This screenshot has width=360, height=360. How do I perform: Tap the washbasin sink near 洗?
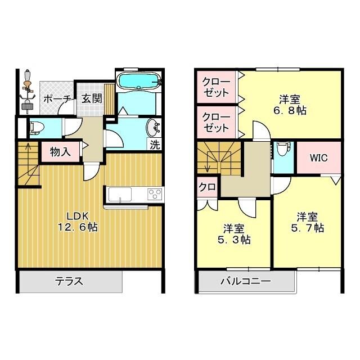(152, 127)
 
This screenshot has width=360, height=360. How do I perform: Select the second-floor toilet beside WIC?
(282, 150)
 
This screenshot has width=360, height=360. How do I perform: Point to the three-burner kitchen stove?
(154, 194)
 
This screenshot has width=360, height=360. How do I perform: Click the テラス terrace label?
(70, 281)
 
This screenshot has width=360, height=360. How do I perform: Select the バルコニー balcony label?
(245, 281)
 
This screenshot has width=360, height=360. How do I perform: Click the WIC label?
(318, 157)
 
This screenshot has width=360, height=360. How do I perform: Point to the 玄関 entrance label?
(91, 99)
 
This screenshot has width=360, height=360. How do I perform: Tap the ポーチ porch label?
(57, 99)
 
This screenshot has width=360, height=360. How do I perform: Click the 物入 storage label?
(60, 151)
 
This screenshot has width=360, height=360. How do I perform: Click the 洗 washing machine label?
(155, 144)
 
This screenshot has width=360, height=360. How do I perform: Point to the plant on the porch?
(26, 90)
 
